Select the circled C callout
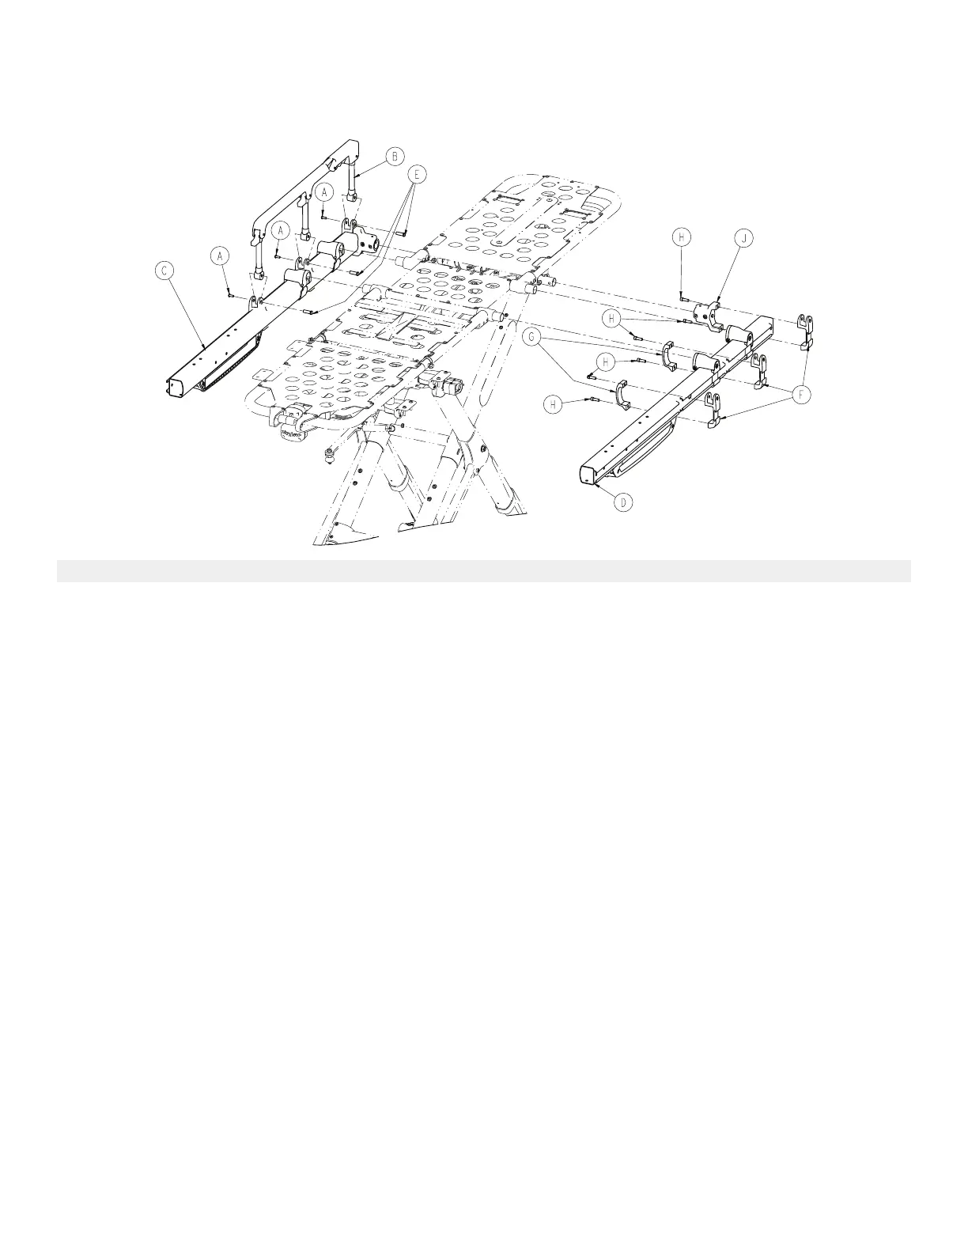[x=164, y=271]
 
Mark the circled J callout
[x=741, y=237]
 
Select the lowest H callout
[x=554, y=405]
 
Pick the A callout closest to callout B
[x=323, y=191]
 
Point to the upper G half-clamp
[x=666, y=355]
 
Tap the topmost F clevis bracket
[x=806, y=330]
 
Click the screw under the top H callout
[x=682, y=298]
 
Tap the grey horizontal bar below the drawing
[x=483, y=570]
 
